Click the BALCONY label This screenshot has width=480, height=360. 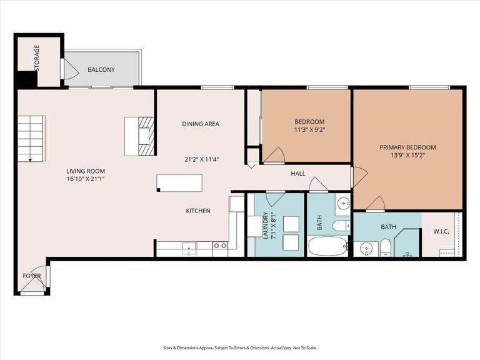(101, 70)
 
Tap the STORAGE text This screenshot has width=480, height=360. (37, 57)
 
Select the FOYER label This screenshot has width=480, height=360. (32, 276)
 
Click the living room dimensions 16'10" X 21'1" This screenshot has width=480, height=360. (86, 179)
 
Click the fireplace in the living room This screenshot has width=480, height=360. (139, 135)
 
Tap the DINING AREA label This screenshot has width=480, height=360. (201, 124)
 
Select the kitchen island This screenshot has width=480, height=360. (179, 182)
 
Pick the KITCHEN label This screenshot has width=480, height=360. (198, 211)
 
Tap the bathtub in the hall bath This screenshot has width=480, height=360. (328, 246)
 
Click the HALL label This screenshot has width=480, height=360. (298, 173)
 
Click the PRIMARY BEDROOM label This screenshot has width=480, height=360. (407, 147)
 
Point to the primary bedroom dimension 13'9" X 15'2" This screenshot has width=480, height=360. (407, 156)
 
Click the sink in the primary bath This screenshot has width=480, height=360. (366, 248)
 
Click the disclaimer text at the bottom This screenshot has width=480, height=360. (239, 348)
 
